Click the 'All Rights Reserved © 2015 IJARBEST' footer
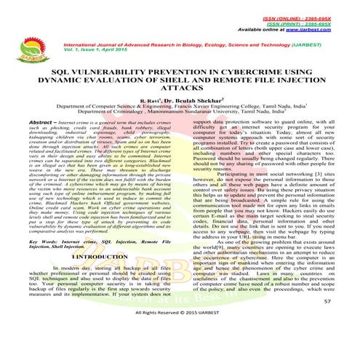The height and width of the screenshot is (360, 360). (180, 335)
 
